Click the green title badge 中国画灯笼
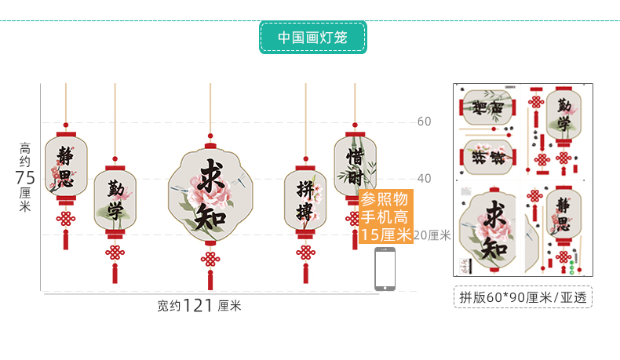312,37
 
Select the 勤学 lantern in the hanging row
115,200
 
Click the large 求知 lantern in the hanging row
210,195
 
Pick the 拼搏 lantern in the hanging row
305,200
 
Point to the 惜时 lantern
354,165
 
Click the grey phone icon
385,269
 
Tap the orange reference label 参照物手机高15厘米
386,217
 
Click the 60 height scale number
424,122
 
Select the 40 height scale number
424,178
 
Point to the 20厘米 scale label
432,235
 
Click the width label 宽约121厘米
199,305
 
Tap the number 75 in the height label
25,177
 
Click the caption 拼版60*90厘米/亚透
523,296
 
